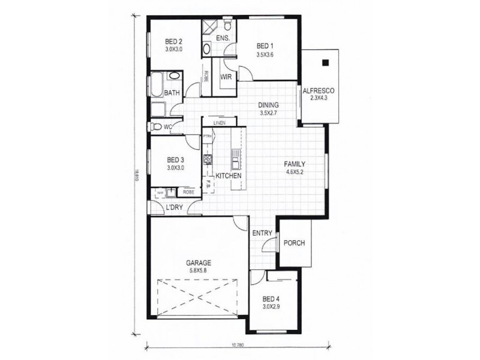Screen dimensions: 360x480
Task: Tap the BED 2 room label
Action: coord(173,41)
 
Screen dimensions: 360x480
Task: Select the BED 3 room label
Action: coord(175,160)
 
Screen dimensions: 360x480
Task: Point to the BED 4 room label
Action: coord(271,299)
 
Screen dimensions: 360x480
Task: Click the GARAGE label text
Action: coord(197,263)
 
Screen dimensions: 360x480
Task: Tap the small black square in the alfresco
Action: coord(325,62)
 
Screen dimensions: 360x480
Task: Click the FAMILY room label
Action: coord(296,164)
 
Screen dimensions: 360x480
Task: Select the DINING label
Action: coord(269,104)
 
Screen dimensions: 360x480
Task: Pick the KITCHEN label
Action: coord(228,176)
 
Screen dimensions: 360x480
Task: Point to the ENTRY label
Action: coord(263,233)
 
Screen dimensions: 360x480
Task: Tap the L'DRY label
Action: coord(174,208)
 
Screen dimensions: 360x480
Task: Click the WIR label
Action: coord(227,77)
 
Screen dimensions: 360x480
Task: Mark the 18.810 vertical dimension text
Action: coord(137,175)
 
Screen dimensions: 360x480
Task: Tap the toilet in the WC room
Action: coord(156,127)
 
